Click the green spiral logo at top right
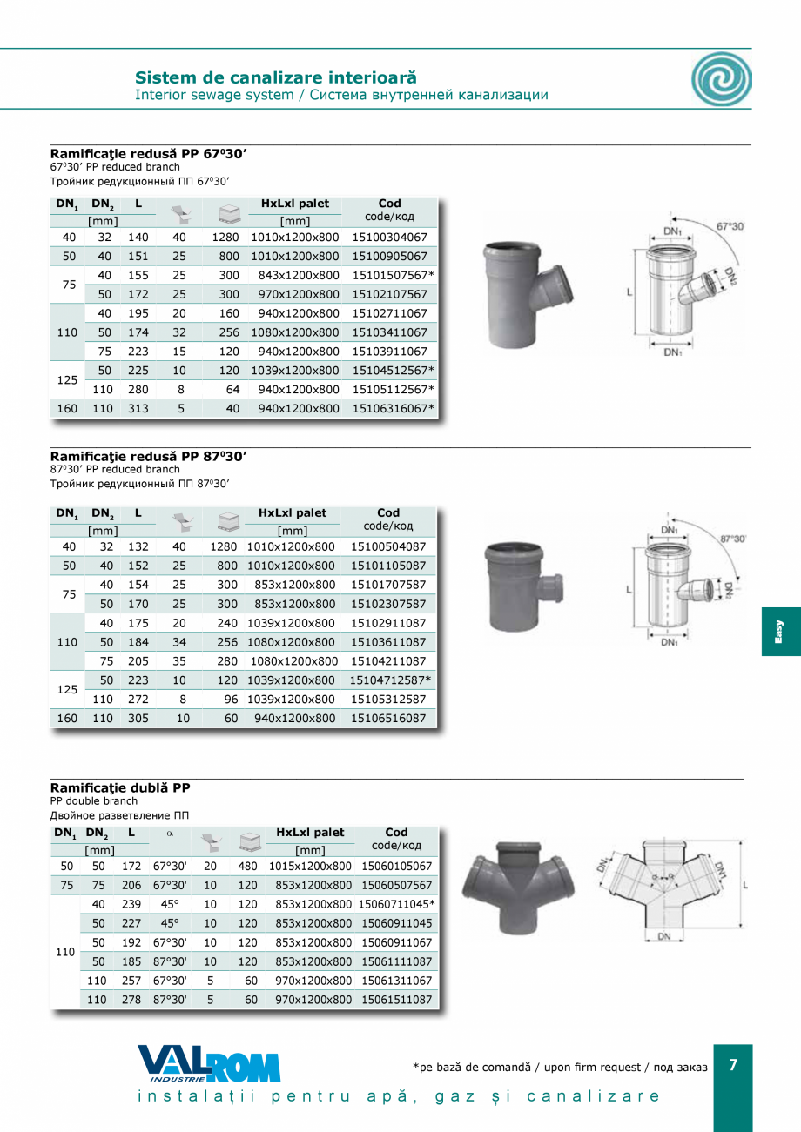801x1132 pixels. pyautogui.click(x=721, y=79)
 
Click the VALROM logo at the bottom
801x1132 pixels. pyautogui.click(x=209, y=1063)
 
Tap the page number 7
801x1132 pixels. pyautogui.click(x=733, y=1065)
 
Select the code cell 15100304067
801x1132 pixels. pyautogui.click(x=389, y=237)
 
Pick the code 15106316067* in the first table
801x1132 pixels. pyautogui.click(x=393, y=408)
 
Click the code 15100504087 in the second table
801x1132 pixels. pyautogui.click(x=388, y=546)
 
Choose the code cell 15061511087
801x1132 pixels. pyautogui.click(x=396, y=1000)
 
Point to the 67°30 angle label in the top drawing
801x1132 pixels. pyautogui.click(x=730, y=226)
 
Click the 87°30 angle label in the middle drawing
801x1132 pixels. pyautogui.click(x=732, y=539)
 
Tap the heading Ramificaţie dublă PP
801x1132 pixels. pyautogui.click(x=120, y=787)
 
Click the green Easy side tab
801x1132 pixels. pyautogui.click(x=780, y=632)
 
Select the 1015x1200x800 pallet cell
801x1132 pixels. pyautogui.click(x=313, y=866)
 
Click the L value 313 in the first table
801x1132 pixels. pyautogui.click(x=138, y=408)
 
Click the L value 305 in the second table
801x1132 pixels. pyautogui.click(x=138, y=719)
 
